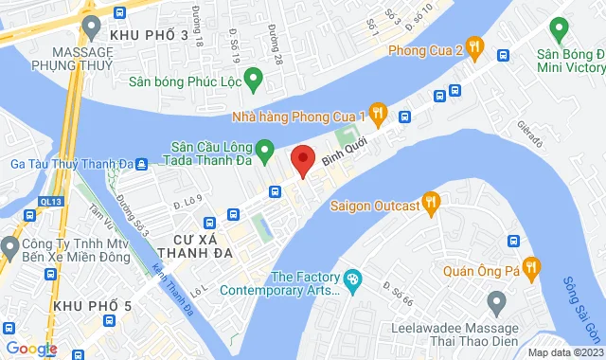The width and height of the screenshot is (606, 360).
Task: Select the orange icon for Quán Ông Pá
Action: (531, 269)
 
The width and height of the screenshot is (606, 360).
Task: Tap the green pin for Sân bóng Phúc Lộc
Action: (253, 78)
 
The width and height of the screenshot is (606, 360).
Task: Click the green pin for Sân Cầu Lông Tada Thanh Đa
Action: (265, 149)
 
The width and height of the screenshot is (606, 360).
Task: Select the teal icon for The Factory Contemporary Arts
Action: (353, 279)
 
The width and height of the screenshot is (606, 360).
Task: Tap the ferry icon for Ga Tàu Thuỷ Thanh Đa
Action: (141, 163)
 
